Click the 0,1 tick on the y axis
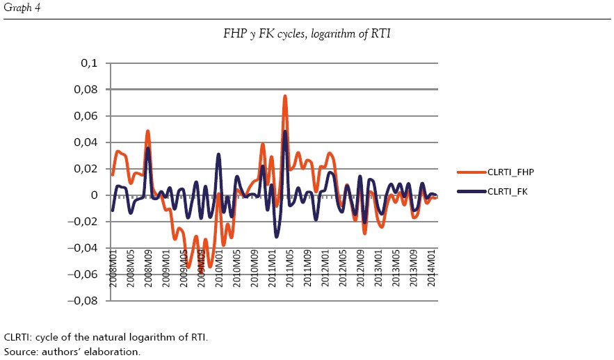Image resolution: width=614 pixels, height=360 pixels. pyautogui.click(x=89, y=63)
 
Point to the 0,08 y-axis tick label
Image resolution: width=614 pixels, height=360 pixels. pyautogui.click(x=86, y=90)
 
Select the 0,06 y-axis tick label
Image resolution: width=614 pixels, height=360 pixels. pyautogui.click(x=86, y=116)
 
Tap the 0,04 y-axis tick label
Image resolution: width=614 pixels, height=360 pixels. pyautogui.click(x=86, y=142)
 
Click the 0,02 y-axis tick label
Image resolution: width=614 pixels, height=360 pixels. pyautogui.click(x=86, y=169)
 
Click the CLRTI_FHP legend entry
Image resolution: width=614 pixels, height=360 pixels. pyautogui.click(x=510, y=172)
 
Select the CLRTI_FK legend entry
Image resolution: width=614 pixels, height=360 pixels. pyautogui.click(x=508, y=191)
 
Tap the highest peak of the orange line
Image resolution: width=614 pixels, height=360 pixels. pyautogui.click(x=285, y=97)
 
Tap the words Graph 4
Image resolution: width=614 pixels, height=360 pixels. pyautogui.click(x=19, y=8)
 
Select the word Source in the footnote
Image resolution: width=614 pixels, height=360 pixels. pyautogui.click(x=19, y=352)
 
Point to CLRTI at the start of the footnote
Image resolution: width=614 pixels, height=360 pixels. pyautogui.click(x=17, y=337)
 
